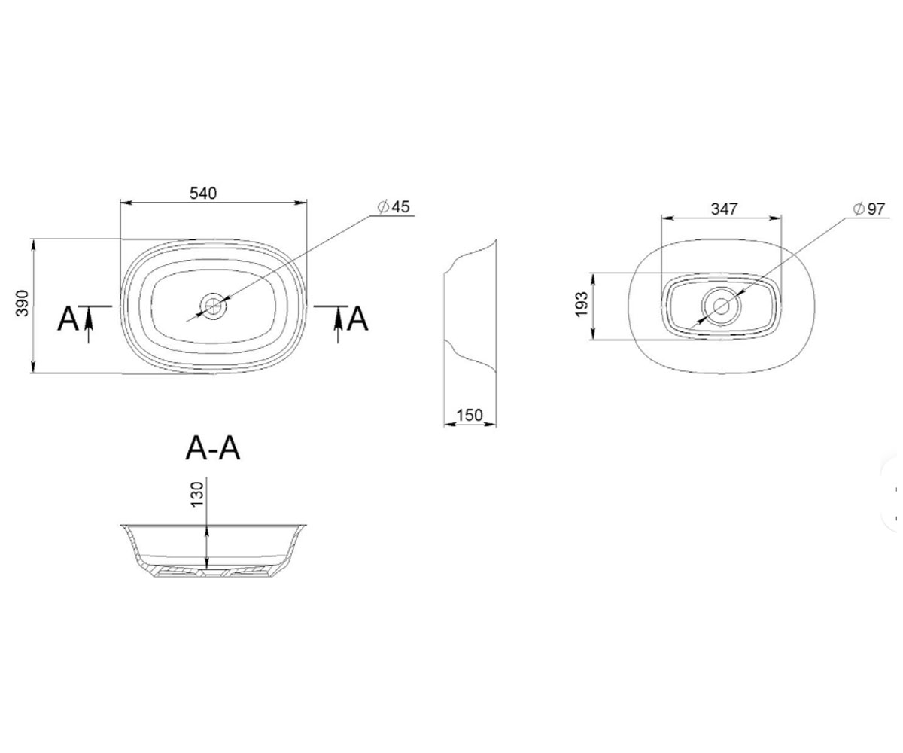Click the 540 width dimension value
(203, 193)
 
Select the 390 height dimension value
(22, 303)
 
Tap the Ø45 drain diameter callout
(393, 207)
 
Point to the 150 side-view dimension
(470, 415)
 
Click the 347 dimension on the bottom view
(724, 209)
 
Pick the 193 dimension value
(582, 304)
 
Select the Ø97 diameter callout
(869, 209)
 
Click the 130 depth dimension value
(196, 494)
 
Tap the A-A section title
(212, 448)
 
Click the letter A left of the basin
(68, 319)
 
